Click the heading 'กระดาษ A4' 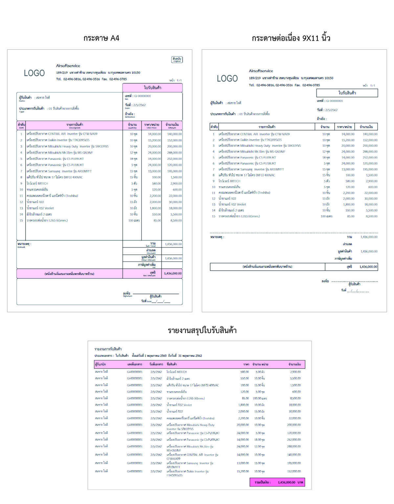(x=101, y=38)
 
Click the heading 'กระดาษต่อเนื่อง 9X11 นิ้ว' (x=291, y=38)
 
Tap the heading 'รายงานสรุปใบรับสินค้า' (x=202, y=330)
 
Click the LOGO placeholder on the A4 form (x=34, y=73)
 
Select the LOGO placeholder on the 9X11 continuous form (x=227, y=78)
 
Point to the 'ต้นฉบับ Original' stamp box (x=177, y=59)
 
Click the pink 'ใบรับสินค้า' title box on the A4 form (x=152, y=88)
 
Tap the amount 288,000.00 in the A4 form (x=174, y=153)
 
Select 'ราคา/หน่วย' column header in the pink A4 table (x=151, y=125)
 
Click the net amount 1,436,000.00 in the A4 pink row (x=173, y=273)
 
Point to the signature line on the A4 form (x=156, y=293)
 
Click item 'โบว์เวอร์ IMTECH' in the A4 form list (x=37, y=183)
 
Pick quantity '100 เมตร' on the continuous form (x=326, y=216)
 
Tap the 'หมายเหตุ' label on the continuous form (x=217, y=237)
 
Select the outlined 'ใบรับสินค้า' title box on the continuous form (x=347, y=93)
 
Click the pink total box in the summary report (x=277, y=482)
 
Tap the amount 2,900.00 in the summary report (x=295, y=372)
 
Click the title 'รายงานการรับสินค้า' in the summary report (x=108, y=349)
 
